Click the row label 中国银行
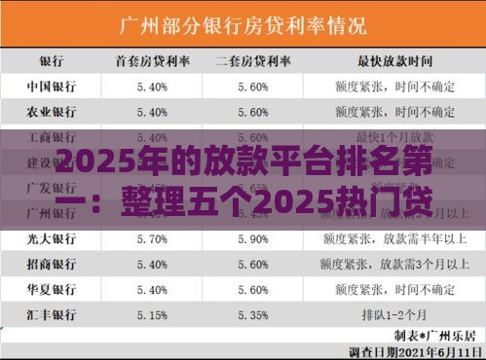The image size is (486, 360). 51,86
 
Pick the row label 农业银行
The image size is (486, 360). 51,111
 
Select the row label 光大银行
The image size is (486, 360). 51,237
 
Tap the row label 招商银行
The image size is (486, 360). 51,263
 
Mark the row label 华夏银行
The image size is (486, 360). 51,288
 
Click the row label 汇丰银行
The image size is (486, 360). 51,313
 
